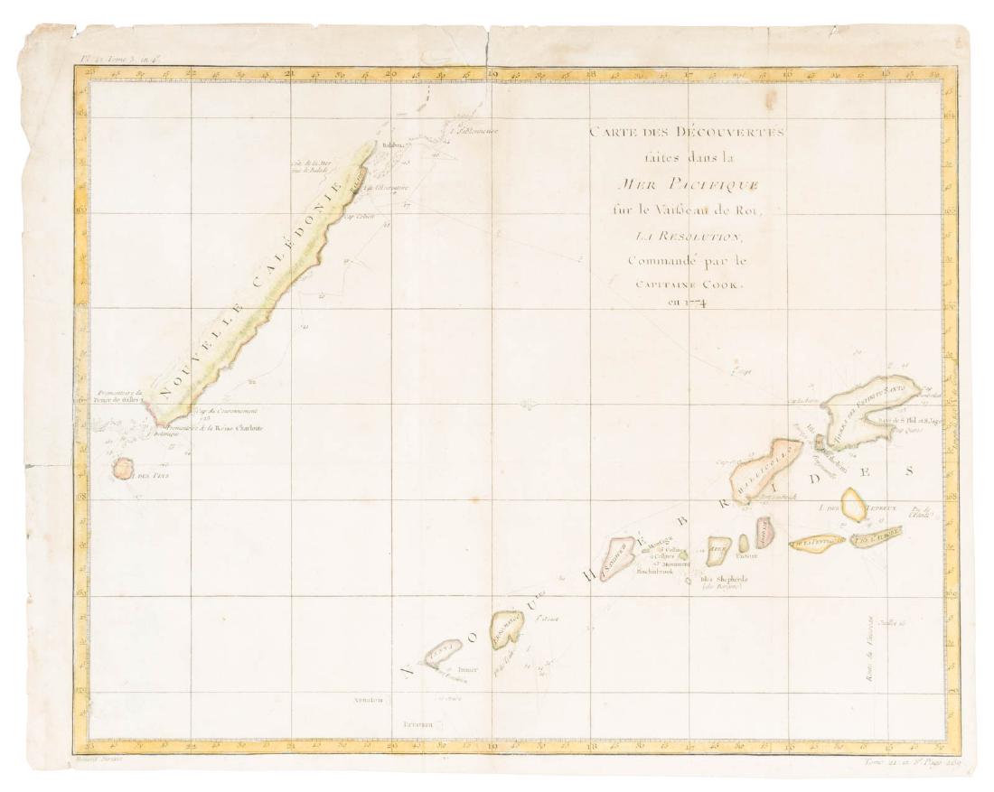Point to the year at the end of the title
(689, 303)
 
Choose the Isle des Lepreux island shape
(853, 503)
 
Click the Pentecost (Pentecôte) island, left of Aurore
(815, 541)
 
